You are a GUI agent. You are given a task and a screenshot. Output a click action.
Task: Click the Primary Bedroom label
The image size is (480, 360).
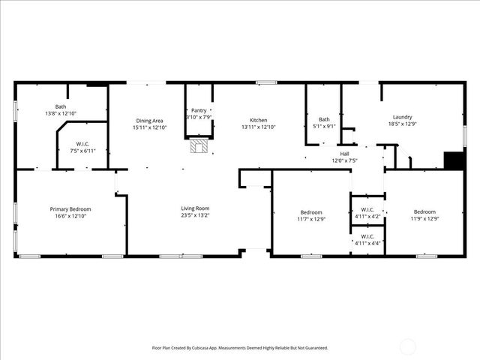pos(70,208)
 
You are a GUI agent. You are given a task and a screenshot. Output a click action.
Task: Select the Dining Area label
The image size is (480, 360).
pos(149,121)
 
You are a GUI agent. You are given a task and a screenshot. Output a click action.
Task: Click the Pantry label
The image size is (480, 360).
pos(199,110)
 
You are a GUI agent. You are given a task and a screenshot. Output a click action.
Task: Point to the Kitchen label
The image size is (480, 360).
pos(259,121)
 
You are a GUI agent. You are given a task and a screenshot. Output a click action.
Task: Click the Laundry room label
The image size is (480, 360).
pos(402,117)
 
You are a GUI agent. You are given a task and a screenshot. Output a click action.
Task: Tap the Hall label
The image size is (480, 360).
pos(344,154)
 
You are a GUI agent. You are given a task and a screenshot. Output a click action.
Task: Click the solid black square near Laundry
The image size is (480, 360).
pos(453,161)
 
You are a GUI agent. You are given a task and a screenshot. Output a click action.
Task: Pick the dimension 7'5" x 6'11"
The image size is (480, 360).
pos(82,151)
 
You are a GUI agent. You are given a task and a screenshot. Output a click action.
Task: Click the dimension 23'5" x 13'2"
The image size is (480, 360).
pos(195,215)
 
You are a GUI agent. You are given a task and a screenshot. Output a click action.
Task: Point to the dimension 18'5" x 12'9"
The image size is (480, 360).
pos(402,124)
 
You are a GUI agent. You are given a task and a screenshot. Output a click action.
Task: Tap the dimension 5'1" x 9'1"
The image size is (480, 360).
pos(324,126)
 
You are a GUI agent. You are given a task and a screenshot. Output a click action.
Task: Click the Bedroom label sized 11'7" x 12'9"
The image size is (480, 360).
pos(310,212)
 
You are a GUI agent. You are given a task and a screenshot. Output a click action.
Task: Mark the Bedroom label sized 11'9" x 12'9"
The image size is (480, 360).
pos(423,212)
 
